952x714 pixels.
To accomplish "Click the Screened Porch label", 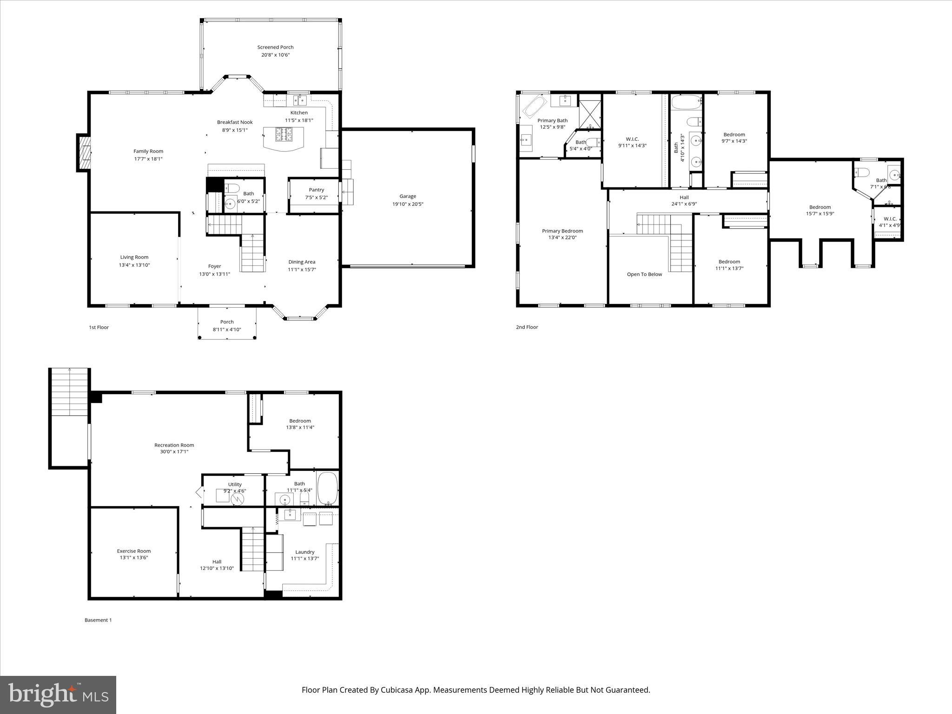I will coord(275,47).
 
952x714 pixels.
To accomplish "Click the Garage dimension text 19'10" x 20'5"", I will coord(408,204).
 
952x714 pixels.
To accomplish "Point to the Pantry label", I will coord(316,190).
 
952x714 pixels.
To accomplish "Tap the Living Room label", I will coord(134,257).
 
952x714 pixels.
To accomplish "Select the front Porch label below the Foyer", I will coord(227,322).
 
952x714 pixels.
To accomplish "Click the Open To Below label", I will coord(644,274).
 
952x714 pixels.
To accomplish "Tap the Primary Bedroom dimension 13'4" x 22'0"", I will coord(562,238).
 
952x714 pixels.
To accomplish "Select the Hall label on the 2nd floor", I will coord(684,197).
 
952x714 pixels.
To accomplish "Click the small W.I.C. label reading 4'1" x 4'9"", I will coord(890,225).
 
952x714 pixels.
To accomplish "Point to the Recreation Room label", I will coord(174,445).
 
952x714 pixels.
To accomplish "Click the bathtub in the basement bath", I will coord(328,489).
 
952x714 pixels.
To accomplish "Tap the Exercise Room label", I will coord(134,551).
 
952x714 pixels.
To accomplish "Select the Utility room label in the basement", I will coord(235,484).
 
